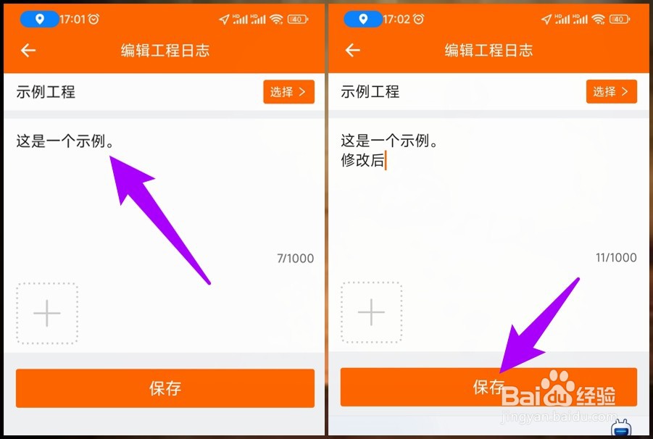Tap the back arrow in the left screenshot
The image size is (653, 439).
[x=28, y=50]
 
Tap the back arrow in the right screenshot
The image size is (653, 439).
[x=352, y=50]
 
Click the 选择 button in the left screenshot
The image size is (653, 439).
[x=288, y=92]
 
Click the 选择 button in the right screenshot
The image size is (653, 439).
[x=611, y=92]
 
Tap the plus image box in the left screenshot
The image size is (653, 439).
[x=47, y=313]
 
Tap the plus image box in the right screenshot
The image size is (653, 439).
[x=371, y=312]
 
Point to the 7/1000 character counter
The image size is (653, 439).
[x=295, y=259]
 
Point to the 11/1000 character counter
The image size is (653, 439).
[x=616, y=258]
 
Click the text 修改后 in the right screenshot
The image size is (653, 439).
[x=362, y=161]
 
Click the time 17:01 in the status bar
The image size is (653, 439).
[x=72, y=20]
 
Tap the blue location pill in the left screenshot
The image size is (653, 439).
[x=39, y=20]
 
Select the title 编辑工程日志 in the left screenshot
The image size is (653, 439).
[x=165, y=51]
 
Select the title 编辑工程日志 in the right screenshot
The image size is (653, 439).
[x=488, y=51]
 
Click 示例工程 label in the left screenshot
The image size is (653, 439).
[x=46, y=92]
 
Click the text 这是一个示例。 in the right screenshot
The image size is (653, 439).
[x=390, y=141]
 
